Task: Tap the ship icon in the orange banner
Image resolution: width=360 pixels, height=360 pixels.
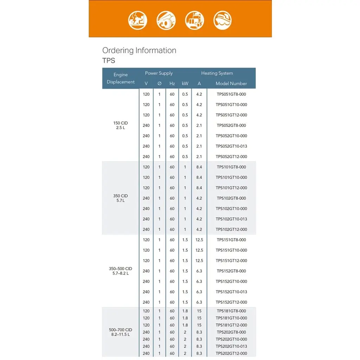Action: pyautogui.click(x=223, y=20)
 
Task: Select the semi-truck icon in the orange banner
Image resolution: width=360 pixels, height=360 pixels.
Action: pyautogui.click(x=194, y=20)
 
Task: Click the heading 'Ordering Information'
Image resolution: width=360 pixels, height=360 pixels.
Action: pyautogui.click(x=139, y=50)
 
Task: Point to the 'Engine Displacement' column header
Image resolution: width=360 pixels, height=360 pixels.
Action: pyautogui.click(x=121, y=78)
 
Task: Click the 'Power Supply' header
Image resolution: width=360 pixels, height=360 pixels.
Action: pyautogui.click(x=159, y=73)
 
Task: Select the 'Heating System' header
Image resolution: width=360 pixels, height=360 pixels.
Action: pyautogui.click(x=217, y=73)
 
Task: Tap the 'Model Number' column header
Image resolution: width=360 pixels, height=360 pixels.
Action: pyautogui.click(x=231, y=83)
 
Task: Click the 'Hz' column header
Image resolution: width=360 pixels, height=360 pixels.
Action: pyautogui.click(x=172, y=83)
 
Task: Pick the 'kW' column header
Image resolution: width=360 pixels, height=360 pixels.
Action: pyautogui.click(x=185, y=83)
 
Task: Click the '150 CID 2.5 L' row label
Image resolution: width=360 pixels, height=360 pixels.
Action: pyautogui.click(x=121, y=125)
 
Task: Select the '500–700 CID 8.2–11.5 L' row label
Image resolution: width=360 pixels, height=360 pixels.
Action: pyautogui.click(x=121, y=332)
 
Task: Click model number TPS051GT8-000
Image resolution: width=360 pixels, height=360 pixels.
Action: pyautogui.click(x=231, y=94)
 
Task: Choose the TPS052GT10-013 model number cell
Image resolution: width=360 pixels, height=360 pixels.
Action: pyautogui.click(x=231, y=146)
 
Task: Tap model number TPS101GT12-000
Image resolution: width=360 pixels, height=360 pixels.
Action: pyautogui.click(x=231, y=188)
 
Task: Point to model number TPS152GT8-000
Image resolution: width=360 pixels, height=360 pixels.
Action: pyautogui.click(x=231, y=271)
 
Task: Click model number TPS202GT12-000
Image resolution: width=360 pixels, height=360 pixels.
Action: pyautogui.click(x=231, y=353)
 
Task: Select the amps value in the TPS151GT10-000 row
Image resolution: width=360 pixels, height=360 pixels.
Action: pyautogui.click(x=199, y=250)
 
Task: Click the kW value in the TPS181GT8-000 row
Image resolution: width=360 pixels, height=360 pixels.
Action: pyautogui.click(x=185, y=311)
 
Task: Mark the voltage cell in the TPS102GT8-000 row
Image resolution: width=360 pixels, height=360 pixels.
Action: pyautogui.click(x=146, y=198)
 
